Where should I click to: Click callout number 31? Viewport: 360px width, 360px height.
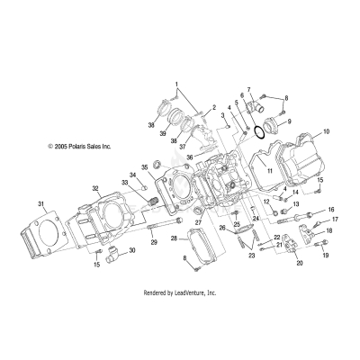(x=39, y=204)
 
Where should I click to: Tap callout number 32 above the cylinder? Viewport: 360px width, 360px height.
(x=94, y=189)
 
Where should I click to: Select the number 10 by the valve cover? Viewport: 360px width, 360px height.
(x=327, y=131)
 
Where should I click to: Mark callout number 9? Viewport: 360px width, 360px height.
(x=289, y=120)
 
